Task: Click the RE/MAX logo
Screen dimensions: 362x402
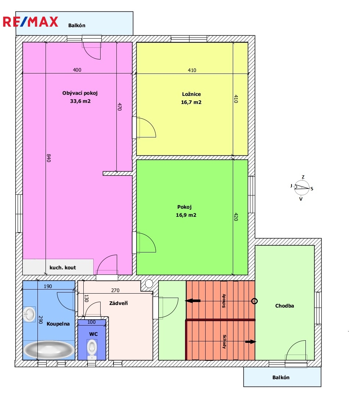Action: [x=30, y=22]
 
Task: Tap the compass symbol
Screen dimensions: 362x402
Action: [x=302, y=188]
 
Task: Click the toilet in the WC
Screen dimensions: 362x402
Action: [x=92, y=349]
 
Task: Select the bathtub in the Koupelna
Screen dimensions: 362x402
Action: [x=49, y=350]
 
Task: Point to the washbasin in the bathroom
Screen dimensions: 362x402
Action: [x=29, y=314]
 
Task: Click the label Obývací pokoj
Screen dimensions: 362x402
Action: [x=80, y=93]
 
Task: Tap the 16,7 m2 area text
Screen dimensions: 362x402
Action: [x=191, y=102]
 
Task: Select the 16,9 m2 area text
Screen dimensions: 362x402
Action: [x=186, y=215]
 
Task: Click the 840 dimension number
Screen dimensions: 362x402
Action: [x=49, y=158]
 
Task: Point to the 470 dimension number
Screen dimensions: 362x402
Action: [x=120, y=107]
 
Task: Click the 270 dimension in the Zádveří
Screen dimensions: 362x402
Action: [x=115, y=290]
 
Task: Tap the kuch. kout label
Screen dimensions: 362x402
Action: [x=63, y=268]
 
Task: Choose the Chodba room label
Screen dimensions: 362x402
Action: [x=285, y=306]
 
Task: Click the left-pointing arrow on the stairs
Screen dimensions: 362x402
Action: [x=193, y=301]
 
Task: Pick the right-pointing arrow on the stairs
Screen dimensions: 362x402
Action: [x=250, y=341]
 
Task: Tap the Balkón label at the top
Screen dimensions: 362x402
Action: [x=77, y=25]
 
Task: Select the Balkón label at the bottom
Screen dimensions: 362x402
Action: [x=281, y=377]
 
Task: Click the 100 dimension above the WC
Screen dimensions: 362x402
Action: [x=91, y=322]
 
